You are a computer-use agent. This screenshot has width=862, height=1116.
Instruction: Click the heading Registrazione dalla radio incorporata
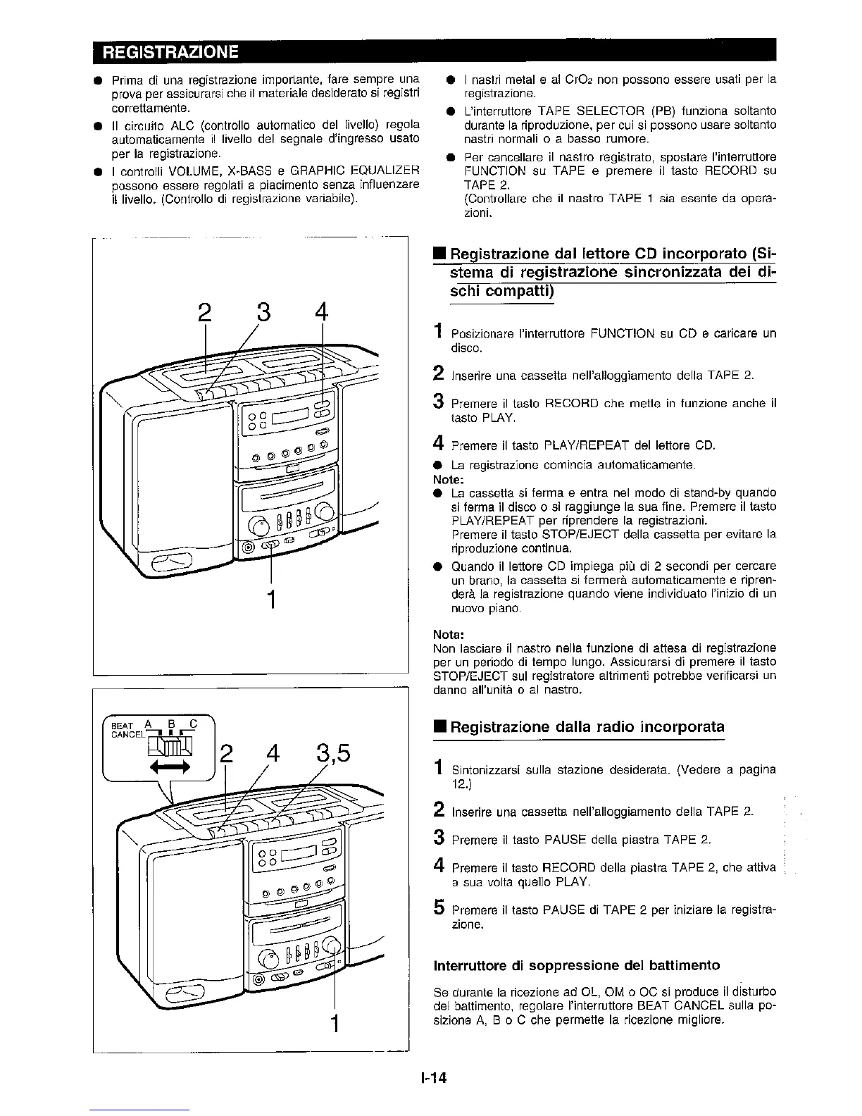pyautogui.click(x=587, y=726)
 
